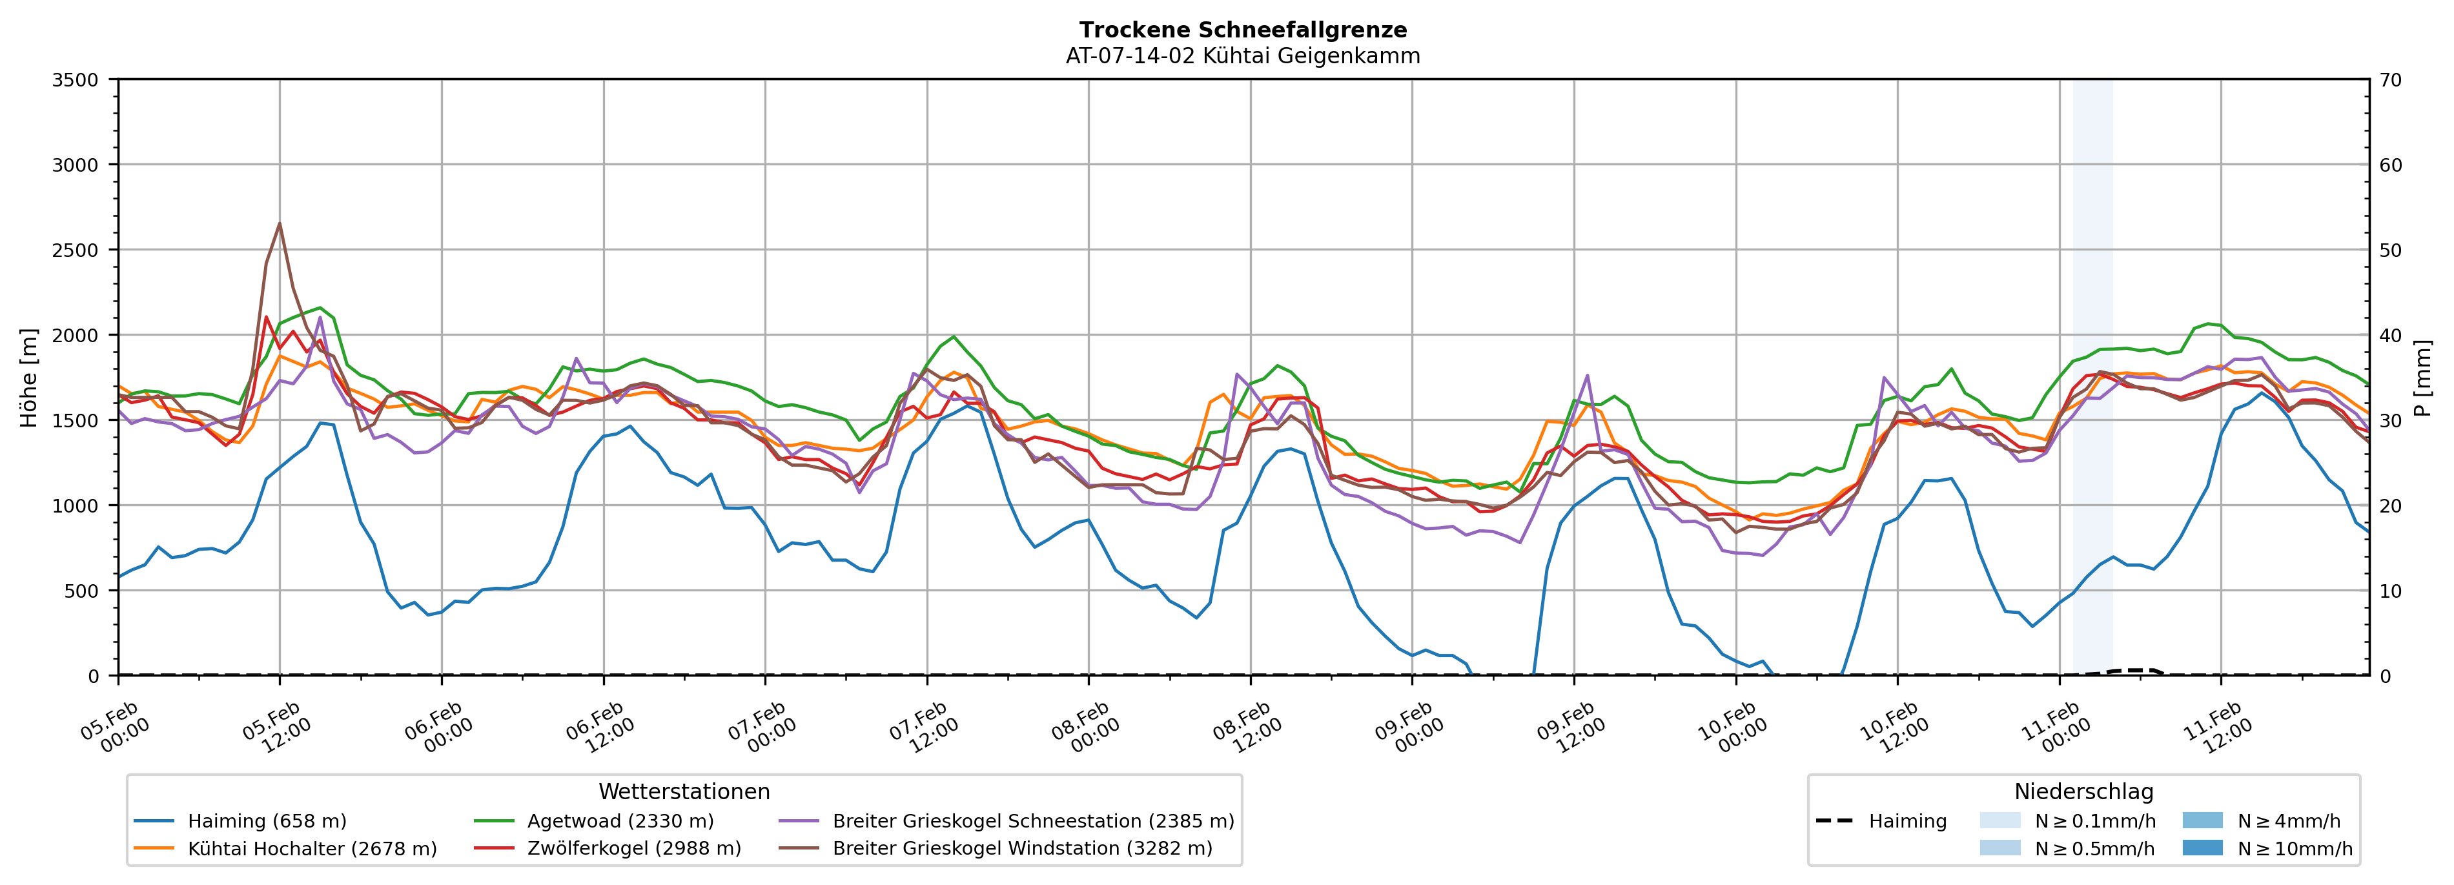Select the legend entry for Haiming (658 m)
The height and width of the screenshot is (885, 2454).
coord(267,821)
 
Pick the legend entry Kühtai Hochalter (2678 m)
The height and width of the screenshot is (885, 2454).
coord(312,849)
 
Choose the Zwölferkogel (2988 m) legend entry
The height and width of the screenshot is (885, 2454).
coord(633,849)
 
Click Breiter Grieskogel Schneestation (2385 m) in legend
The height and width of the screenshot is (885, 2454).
coord(1032,821)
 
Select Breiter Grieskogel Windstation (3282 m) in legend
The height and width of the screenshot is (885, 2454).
coord(1022,849)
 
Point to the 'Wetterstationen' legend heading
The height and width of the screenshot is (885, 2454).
coord(684,791)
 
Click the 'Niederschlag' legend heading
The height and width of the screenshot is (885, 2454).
coord(2083,791)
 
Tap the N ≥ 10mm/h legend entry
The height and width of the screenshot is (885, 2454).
coord(2294,849)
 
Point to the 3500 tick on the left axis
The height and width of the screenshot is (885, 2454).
coord(76,80)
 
